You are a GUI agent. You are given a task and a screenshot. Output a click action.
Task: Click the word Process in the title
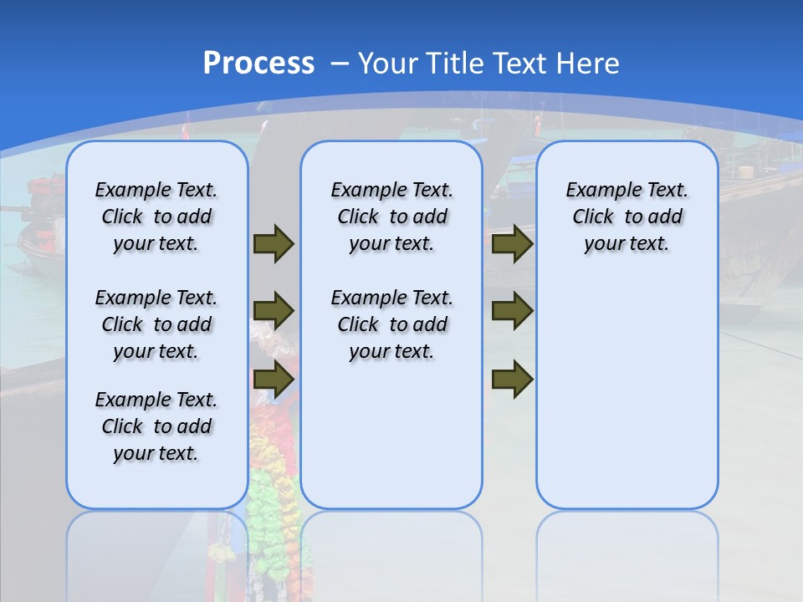pos(258,63)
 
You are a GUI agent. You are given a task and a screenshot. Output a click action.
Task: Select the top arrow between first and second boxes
pos(274,243)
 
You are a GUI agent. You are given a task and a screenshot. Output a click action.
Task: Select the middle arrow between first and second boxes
pos(274,311)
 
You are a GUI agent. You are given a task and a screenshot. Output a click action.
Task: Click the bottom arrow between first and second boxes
pos(274,380)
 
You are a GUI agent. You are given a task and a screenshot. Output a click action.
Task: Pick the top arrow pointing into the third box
pos(512,243)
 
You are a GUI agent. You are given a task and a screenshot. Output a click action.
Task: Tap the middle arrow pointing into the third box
pos(512,311)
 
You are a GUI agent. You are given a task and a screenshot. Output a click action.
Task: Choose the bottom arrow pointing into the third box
pos(512,380)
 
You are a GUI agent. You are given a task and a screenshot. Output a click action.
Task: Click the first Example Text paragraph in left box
pos(156,217)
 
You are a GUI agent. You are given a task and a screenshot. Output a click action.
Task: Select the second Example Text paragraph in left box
pos(156,324)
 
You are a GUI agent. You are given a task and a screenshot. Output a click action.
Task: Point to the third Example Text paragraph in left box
pos(156,426)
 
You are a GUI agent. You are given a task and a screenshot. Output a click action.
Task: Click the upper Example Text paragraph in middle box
pos(391,217)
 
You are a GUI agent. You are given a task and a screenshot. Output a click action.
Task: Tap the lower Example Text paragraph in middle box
pos(391,324)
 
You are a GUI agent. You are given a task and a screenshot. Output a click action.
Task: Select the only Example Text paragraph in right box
pos(627,217)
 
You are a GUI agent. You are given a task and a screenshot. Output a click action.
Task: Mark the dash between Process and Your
pos(340,64)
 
